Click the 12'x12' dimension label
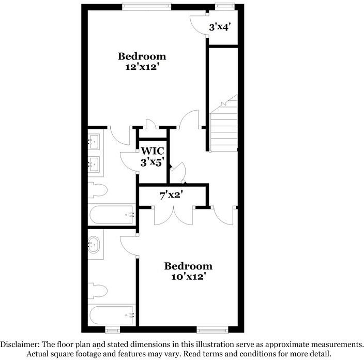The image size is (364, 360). click(142, 67)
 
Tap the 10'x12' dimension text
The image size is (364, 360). click(188, 277)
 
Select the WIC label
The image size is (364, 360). click(153, 151)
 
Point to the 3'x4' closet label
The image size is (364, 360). click(219, 26)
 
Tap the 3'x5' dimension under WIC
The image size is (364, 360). click(153, 162)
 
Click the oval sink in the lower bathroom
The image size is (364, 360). click(95, 244)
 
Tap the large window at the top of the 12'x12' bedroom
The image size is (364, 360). click(146, 7)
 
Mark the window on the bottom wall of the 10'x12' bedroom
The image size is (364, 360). click(212, 329)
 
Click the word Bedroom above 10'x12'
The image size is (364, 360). click(188, 266)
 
